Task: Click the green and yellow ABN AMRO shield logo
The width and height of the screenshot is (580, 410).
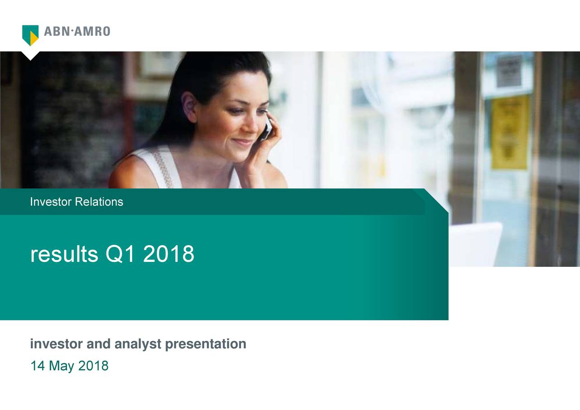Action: tap(30, 35)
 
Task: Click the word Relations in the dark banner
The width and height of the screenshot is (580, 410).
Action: tap(99, 202)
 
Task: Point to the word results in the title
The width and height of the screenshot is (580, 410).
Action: tap(64, 254)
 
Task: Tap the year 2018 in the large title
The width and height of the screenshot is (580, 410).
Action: tap(168, 254)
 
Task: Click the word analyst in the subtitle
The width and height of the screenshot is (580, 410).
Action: tap(138, 344)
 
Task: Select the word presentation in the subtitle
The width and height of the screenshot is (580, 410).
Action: tap(206, 344)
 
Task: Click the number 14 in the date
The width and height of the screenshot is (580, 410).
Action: tap(38, 366)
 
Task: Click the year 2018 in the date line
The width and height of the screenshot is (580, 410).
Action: tap(93, 366)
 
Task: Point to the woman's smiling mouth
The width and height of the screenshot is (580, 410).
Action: tap(242, 142)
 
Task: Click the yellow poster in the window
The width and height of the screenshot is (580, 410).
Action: tap(510, 132)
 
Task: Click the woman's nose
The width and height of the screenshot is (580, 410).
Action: tap(251, 125)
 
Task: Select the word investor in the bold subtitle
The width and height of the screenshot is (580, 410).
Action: tap(57, 344)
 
